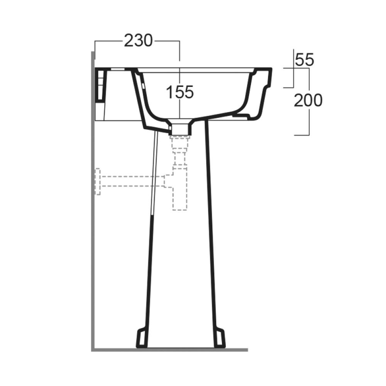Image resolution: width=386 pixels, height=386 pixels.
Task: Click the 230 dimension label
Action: click(138, 41)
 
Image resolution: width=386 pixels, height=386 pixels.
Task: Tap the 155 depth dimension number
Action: click(180, 92)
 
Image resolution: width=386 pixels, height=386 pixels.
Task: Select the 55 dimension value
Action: click(304, 60)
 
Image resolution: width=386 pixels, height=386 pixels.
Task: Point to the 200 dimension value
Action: click(308, 100)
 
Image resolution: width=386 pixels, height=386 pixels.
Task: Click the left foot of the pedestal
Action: click(142, 338)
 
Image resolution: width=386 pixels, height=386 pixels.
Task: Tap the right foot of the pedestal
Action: click(220, 338)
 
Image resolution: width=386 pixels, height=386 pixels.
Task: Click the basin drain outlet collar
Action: click(180, 127)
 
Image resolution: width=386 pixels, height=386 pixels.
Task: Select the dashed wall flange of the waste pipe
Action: click(98, 182)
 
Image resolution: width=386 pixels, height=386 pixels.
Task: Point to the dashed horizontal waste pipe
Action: click(133, 181)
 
